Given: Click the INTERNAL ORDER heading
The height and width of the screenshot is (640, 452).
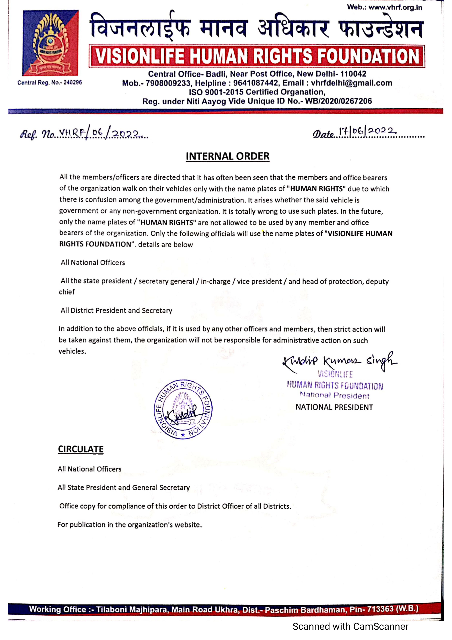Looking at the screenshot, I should point(227,156).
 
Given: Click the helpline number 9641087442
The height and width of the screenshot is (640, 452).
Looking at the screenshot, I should point(256,83).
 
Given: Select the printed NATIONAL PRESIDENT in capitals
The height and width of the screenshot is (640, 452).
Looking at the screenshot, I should point(334,407).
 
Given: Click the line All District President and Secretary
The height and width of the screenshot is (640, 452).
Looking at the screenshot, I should point(116,311).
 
